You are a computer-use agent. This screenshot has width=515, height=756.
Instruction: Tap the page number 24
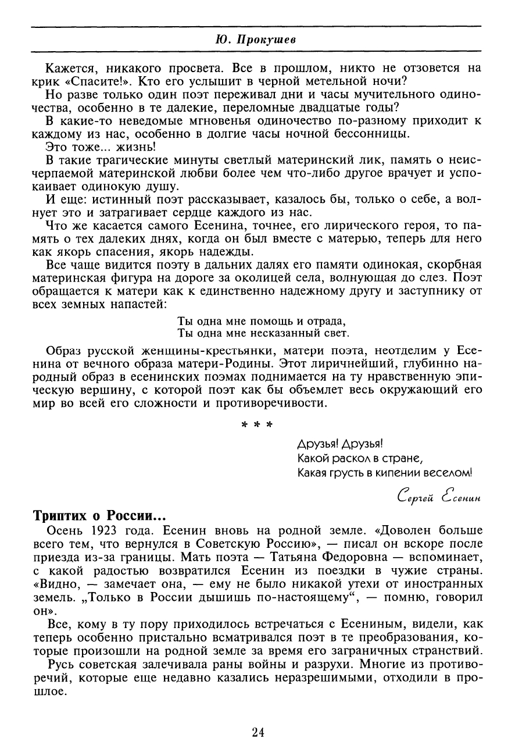pos(258,731)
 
